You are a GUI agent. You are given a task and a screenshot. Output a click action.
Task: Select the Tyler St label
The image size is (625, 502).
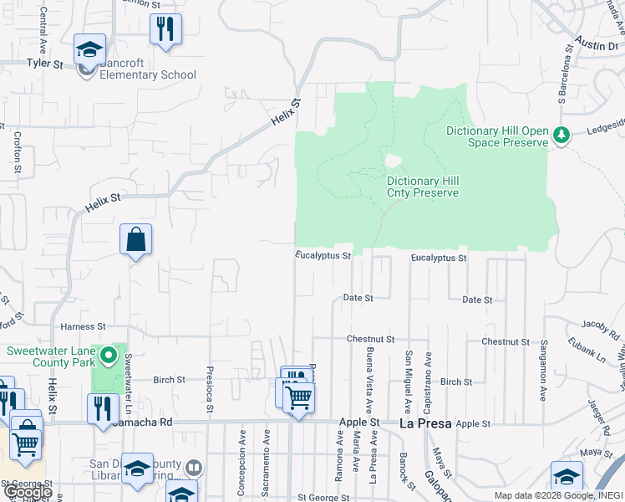(44, 63)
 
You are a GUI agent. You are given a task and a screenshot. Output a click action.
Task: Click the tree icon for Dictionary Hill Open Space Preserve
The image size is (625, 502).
(562, 135)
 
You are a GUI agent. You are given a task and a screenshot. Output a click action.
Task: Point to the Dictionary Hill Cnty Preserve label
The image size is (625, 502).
(423, 187)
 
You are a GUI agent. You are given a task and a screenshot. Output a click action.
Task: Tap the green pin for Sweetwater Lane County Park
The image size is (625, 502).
(108, 357)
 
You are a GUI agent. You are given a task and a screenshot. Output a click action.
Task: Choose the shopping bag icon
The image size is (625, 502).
(135, 240)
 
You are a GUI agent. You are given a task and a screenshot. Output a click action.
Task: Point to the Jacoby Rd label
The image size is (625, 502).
(599, 324)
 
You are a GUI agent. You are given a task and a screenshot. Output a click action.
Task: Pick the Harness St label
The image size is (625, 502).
(83, 325)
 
